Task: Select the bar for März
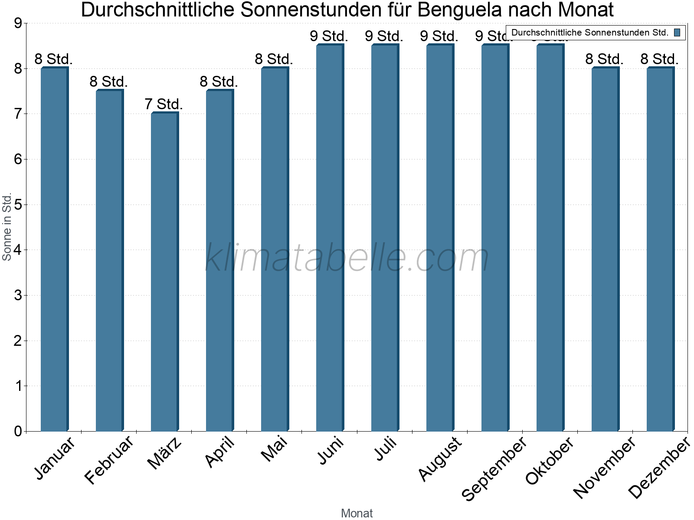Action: (x=164, y=272)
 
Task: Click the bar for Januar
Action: (x=54, y=249)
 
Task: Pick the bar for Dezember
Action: (x=660, y=249)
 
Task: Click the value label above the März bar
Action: (x=164, y=104)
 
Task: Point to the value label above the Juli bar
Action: (x=384, y=36)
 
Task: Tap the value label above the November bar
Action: (x=604, y=59)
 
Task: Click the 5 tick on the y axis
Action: (x=18, y=205)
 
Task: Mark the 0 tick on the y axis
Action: (x=18, y=431)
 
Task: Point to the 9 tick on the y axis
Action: (x=18, y=23)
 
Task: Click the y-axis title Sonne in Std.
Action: (x=7, y=227)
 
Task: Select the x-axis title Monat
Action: (x=357, y=513)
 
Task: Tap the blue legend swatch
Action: (x=677, y=32)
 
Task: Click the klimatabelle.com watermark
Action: (x=347, y=258)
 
